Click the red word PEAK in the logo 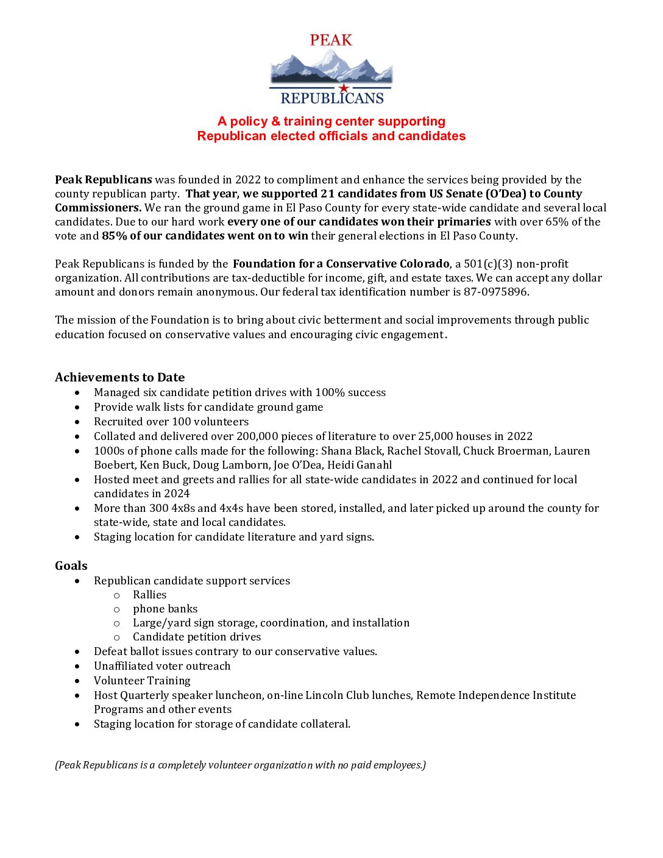331,40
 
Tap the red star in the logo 344,88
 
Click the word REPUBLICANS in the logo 331,98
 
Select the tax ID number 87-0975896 496,292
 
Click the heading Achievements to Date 119,377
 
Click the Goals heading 71,565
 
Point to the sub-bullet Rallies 149,595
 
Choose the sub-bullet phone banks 165,609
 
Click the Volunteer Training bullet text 142,681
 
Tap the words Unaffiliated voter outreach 162,666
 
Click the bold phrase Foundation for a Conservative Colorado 341,264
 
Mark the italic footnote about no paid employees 240,765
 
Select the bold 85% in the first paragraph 114,236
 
